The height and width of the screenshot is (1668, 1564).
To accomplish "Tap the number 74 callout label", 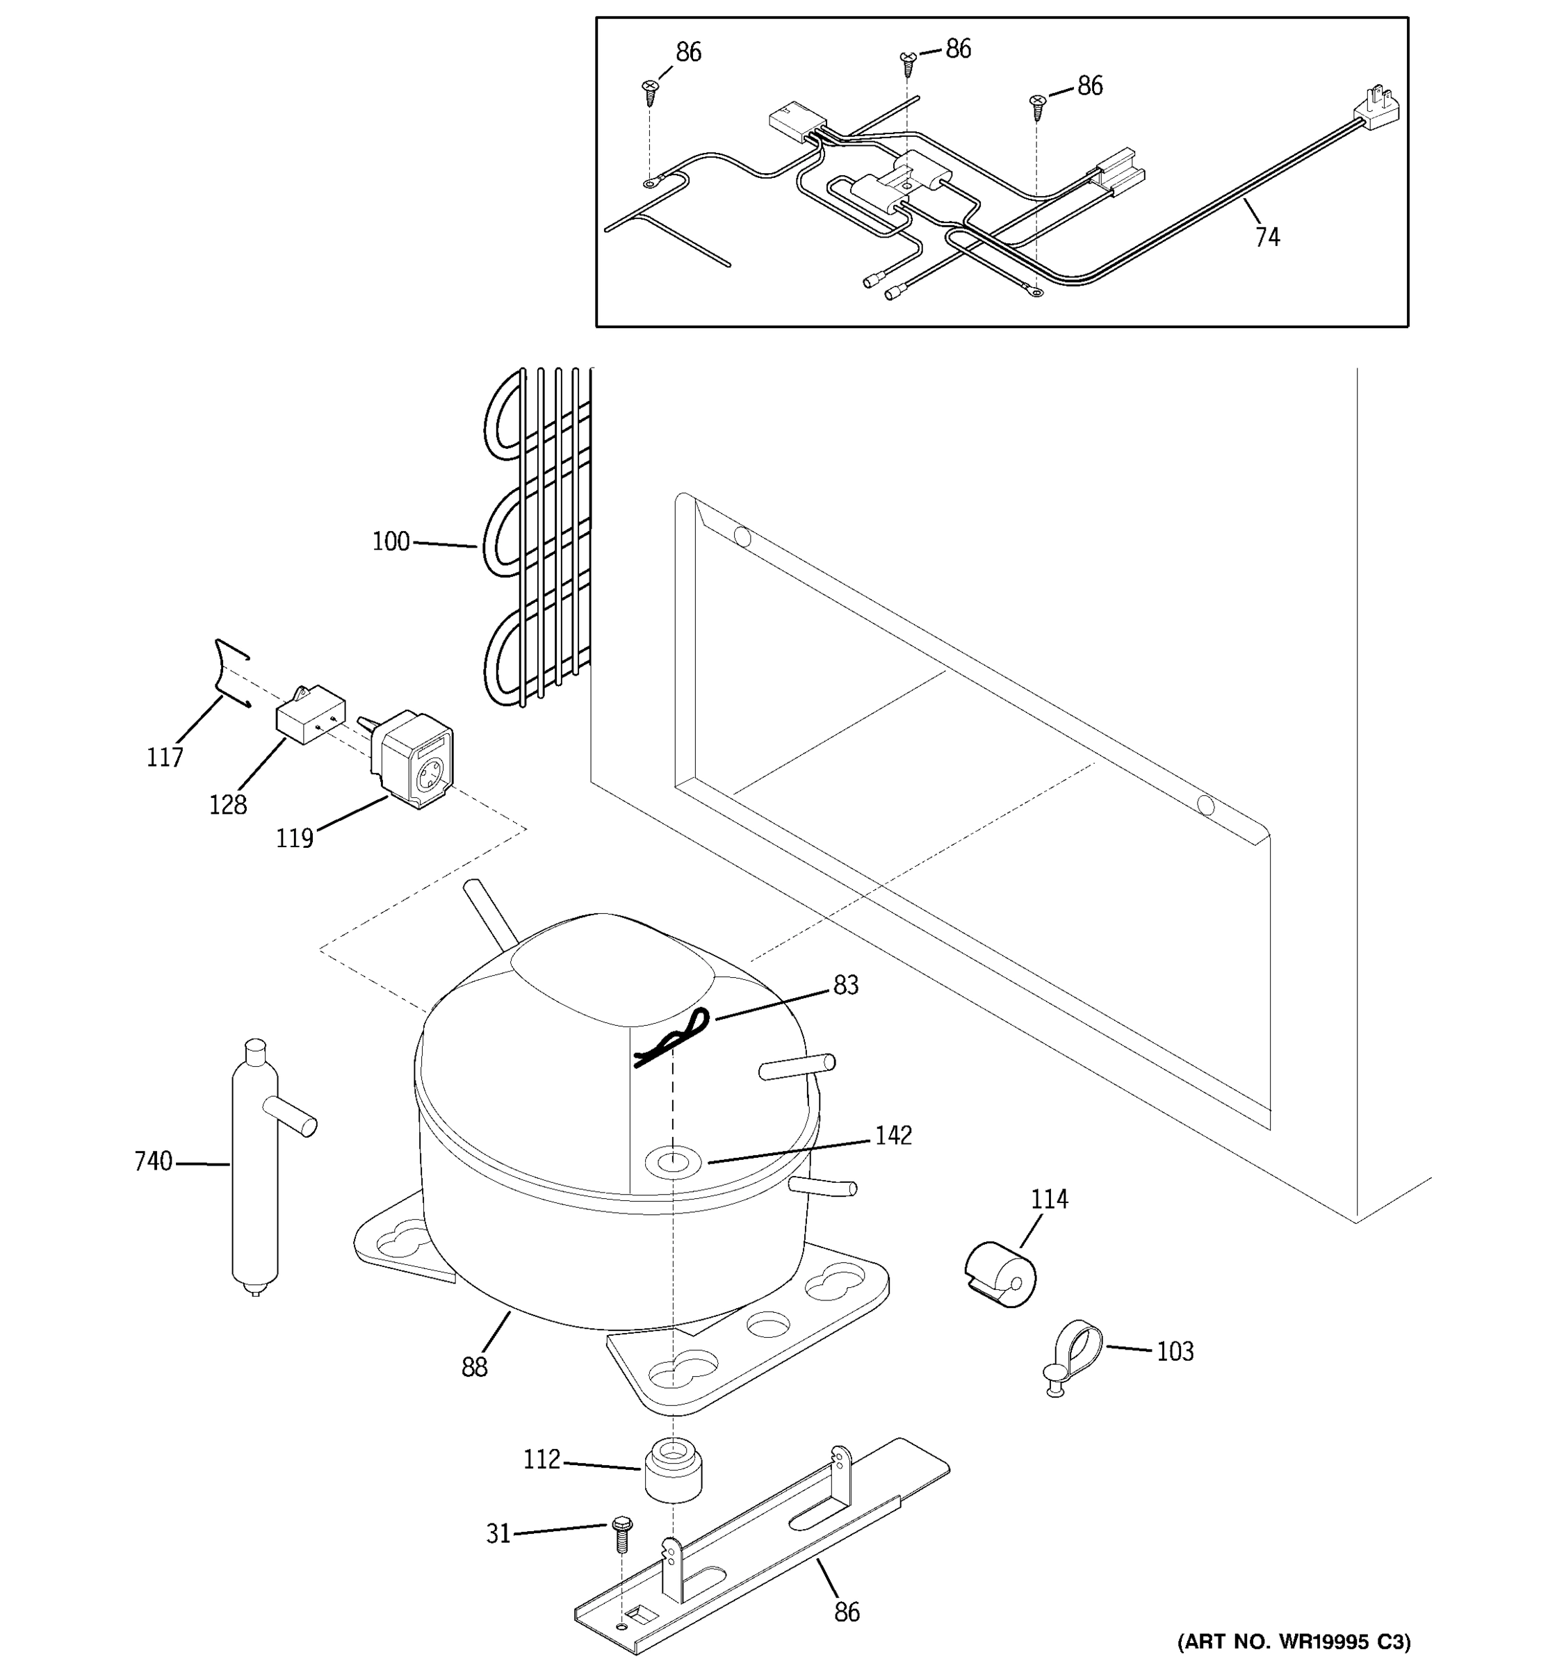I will click(1267, 238).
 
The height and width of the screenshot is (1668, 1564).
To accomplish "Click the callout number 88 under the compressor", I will click(474, 1368).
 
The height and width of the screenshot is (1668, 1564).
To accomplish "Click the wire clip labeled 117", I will click(227, 671).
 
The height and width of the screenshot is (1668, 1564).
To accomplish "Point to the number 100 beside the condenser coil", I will click(391, 541).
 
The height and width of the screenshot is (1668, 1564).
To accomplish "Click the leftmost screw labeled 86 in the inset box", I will click(650, 90).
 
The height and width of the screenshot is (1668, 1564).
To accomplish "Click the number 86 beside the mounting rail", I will click(847, 1612).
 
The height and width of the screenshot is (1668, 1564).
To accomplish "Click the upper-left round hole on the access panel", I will click(742, 536).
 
